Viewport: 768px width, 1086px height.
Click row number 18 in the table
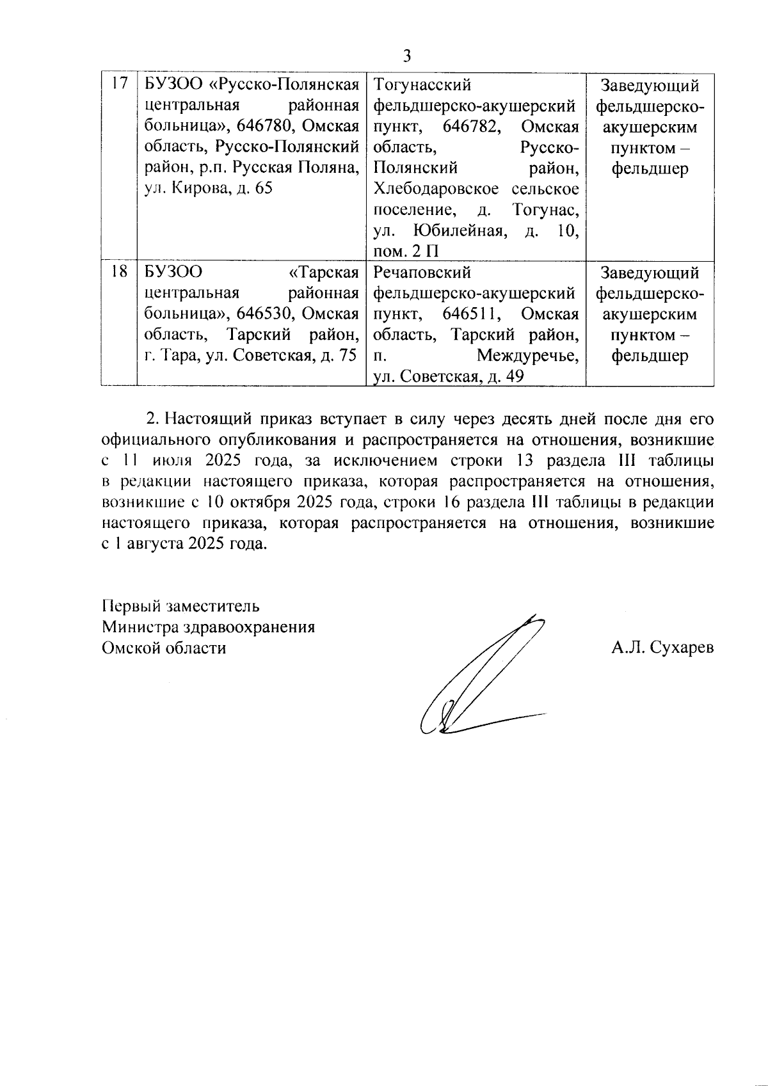119,273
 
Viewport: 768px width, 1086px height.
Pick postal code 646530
266,314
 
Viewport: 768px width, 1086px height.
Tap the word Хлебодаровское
436,189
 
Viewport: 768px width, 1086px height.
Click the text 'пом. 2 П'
406,252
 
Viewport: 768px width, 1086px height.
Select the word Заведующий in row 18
650,273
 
